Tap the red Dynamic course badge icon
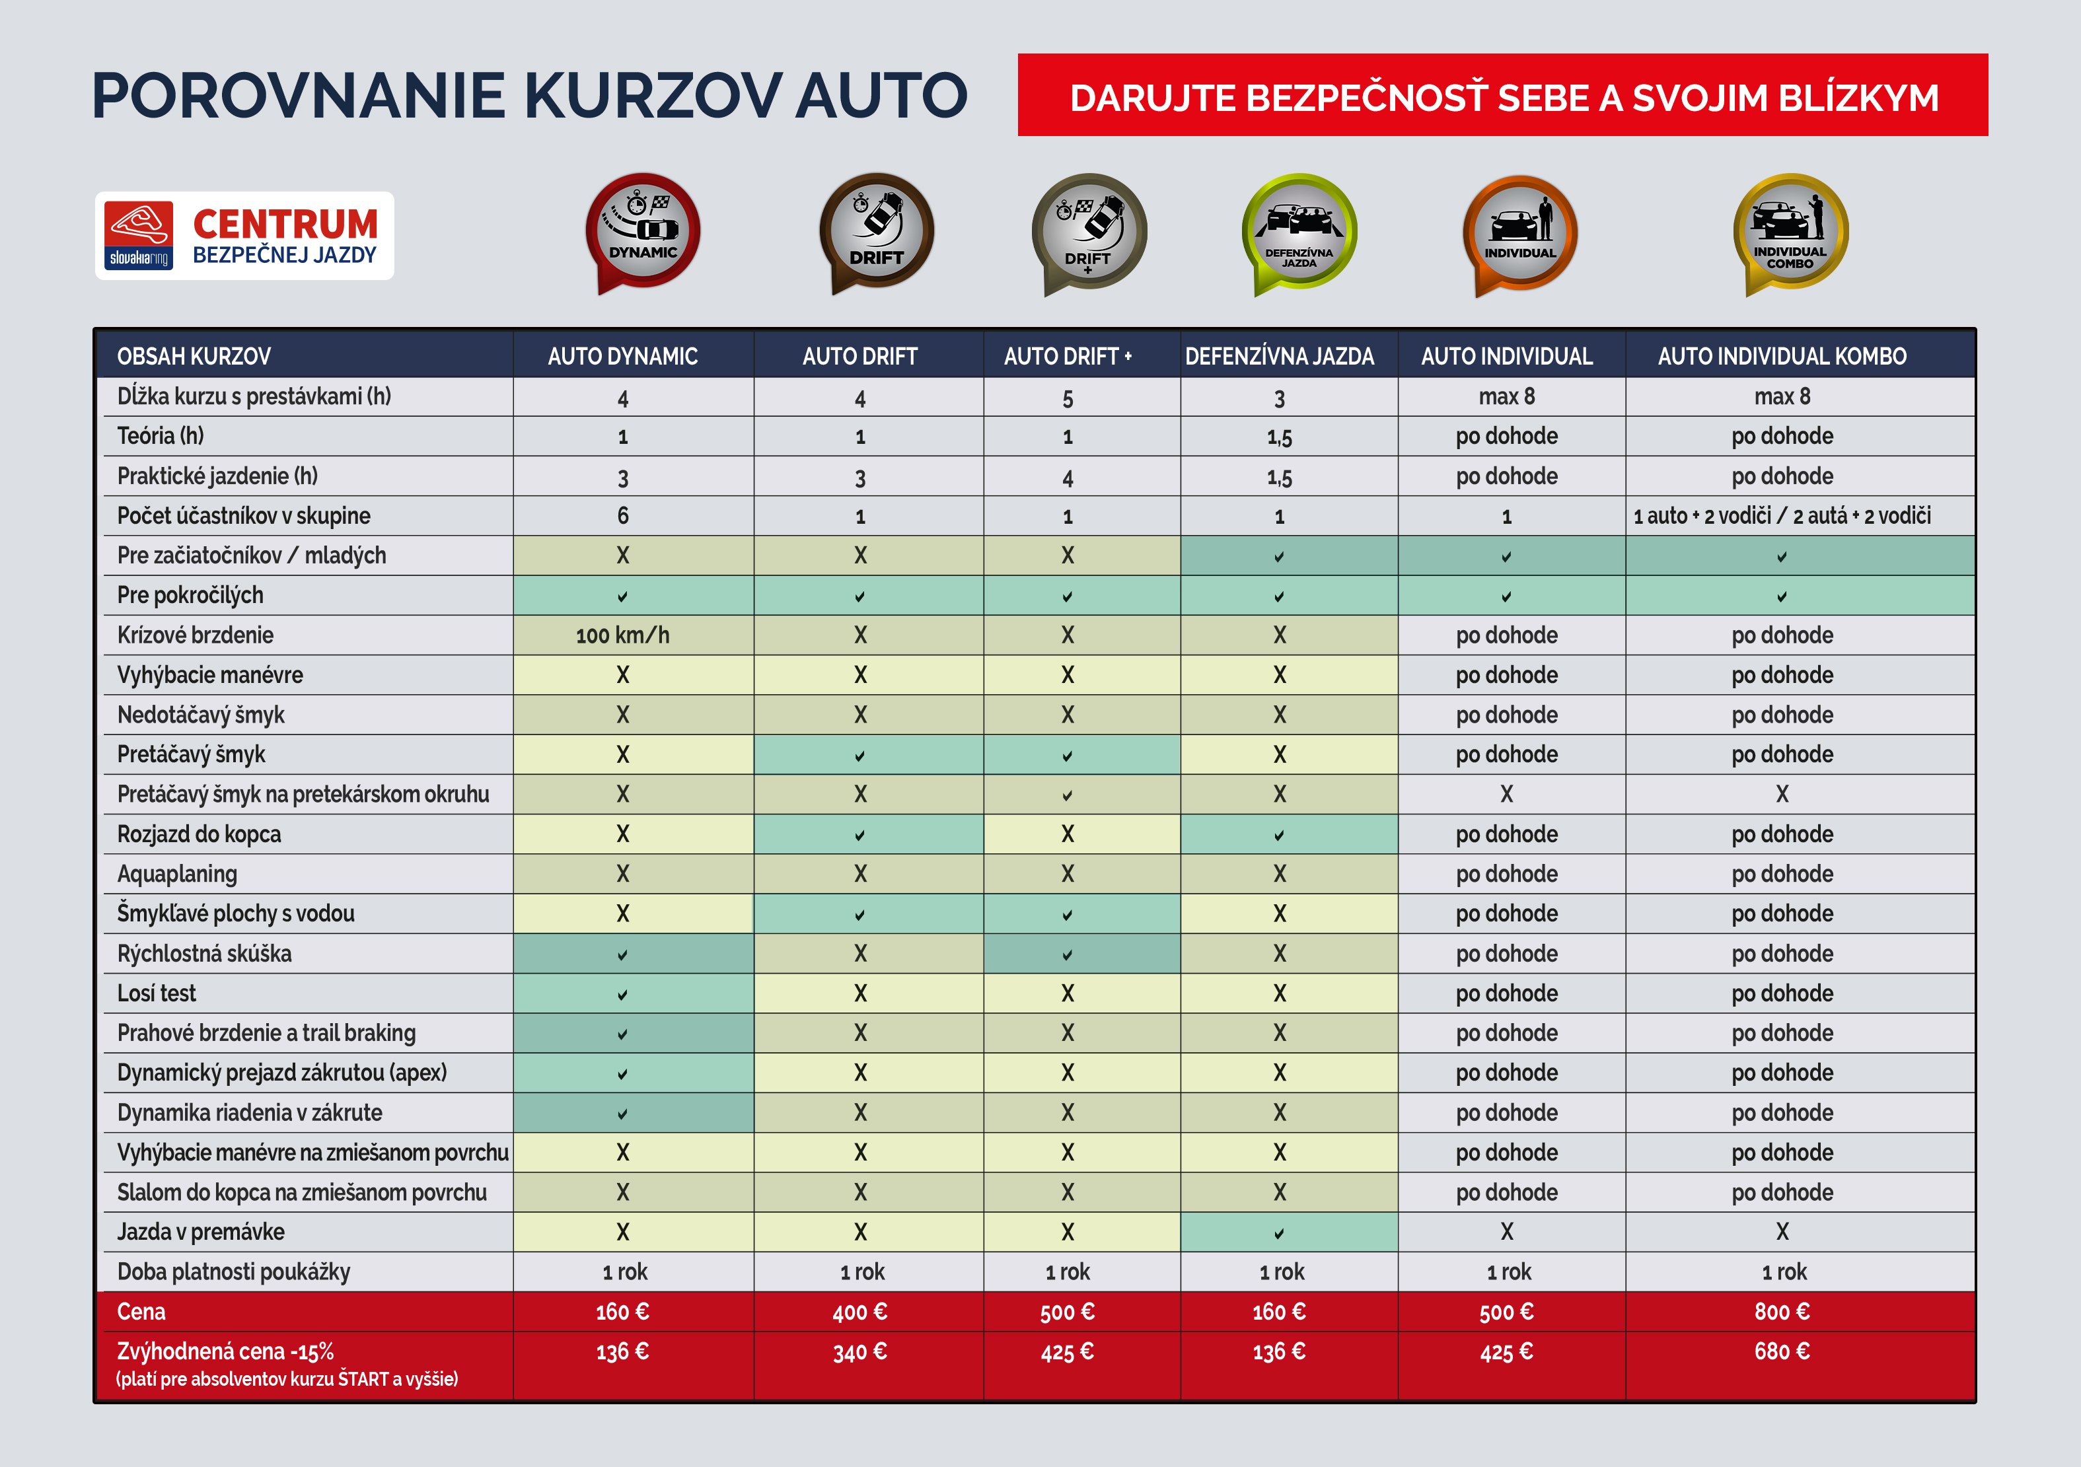point(643,232)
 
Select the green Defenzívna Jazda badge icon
point(1299,232)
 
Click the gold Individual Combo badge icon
point(1790,232)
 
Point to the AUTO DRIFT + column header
point(1068,356)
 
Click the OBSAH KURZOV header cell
point(194,356)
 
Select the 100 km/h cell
point(623,635)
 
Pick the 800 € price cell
point(1782,1311)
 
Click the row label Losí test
point(157,993)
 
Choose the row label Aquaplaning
point(178,873)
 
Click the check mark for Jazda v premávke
point(1279,1233)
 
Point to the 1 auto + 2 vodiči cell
point(1782,516)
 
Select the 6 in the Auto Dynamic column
point(623,516)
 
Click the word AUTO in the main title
point(881,95)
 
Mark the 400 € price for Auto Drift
point(859,1311)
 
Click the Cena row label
point(141,1311)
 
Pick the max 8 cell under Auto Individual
point(1506,396)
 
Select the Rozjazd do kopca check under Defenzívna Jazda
point(1279,834)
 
